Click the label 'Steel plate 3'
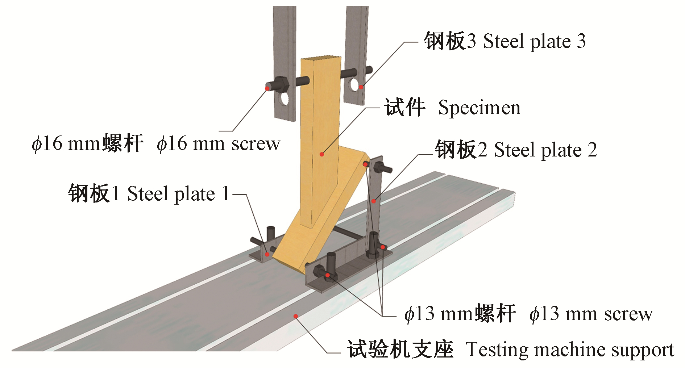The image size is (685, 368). (x=535, y=41)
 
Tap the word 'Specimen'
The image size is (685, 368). (x=479, y=108)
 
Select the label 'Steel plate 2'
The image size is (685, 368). (x=545, y=150)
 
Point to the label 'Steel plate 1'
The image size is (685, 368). (x=178, y=193)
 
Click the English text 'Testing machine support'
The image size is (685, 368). (x=570, y=350)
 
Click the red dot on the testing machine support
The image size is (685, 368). (x=296, y=316)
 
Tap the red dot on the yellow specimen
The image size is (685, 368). (x=322, y=154)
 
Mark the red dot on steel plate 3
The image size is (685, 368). (x=361, y=87)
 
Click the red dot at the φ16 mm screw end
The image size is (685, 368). (x=267, y=88)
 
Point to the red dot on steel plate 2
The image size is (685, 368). (x=374, y=201)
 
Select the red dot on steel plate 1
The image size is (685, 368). (x=267, y=254)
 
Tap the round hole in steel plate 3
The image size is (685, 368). (x=354, y=85)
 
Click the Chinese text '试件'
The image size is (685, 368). (x=404, y=108)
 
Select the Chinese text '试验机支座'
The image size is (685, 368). (x=400, y=350)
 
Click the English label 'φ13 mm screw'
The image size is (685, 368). (x=591, y=314)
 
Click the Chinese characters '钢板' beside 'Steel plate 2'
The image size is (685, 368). (x=456, y=150)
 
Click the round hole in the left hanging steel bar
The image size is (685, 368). (x=285, y=99)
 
